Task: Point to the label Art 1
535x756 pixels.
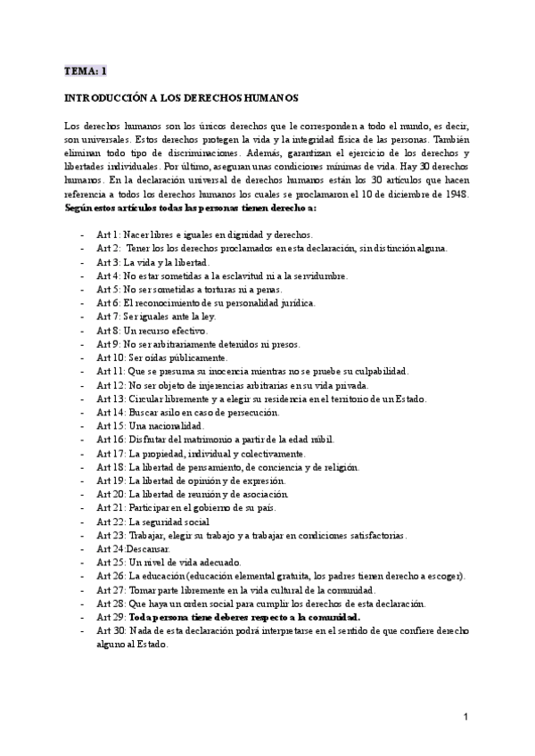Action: [x=110, y=234]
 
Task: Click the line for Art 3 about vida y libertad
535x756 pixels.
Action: [x=152, y=262]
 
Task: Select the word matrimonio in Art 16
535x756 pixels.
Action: [x=214, y=440]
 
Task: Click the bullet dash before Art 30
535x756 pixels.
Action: [x=82, y=631]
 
